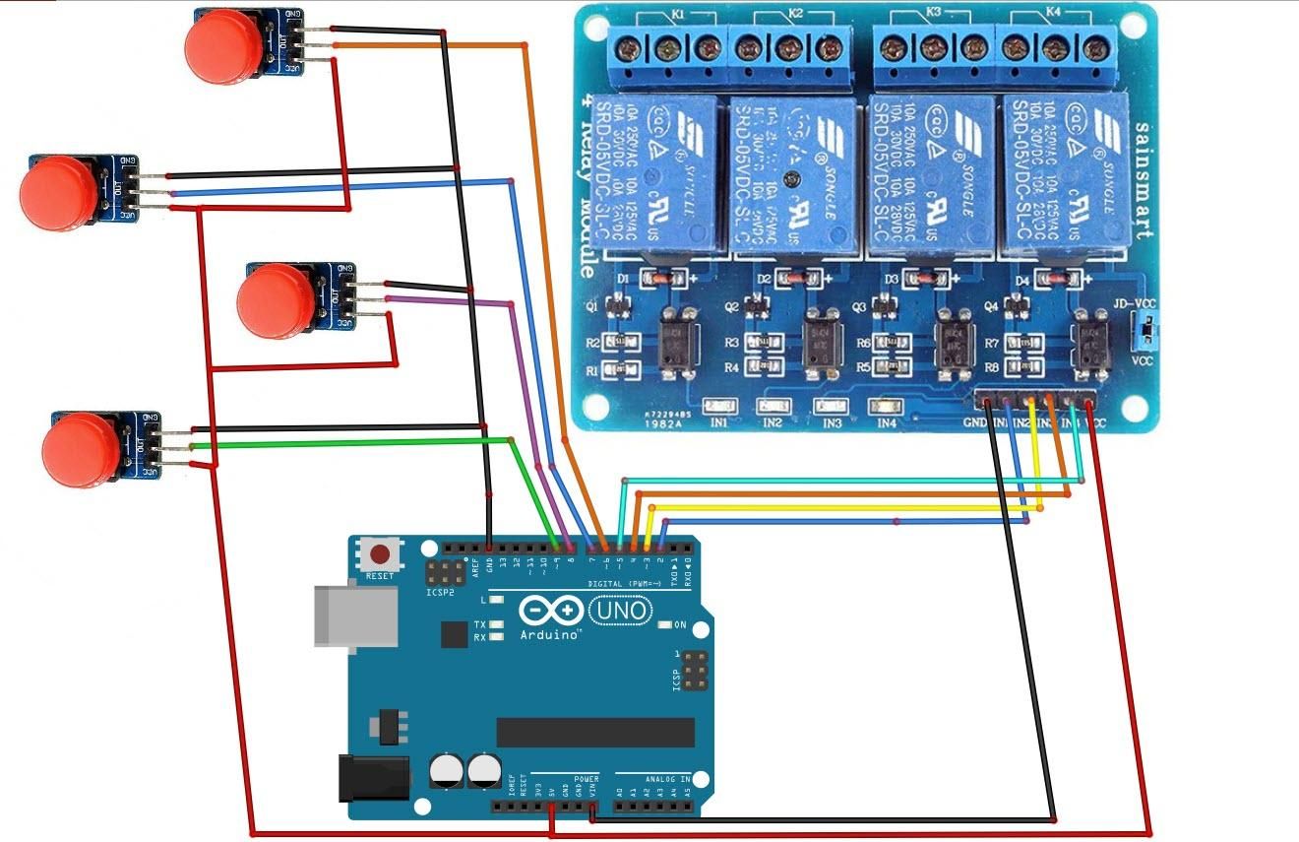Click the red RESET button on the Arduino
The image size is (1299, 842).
379,553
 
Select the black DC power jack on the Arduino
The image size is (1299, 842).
373,777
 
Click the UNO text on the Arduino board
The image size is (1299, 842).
621,612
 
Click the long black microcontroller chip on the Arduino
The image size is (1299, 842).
595,732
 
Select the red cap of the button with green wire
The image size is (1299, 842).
80,450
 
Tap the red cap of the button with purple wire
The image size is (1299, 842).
275,302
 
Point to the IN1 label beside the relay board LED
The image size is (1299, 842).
718,422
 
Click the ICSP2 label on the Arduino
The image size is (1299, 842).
440,592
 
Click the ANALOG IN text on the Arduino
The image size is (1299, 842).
667,778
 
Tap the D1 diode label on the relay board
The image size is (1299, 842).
622,279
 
